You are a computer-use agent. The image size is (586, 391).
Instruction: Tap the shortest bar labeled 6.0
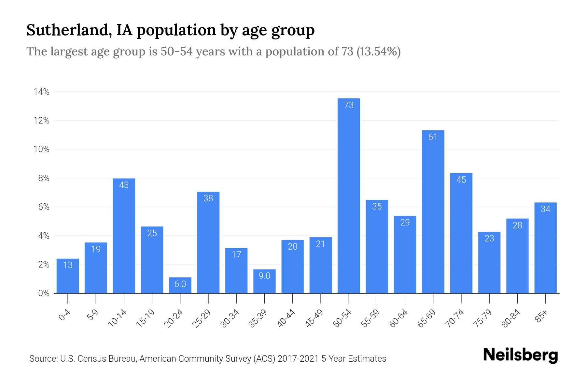[x=180, y=285]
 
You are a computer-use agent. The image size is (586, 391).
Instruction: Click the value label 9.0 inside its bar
[x=264, y=276]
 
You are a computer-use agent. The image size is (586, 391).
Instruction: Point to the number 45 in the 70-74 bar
[x=461, y=180]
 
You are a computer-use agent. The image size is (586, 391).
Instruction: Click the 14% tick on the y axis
[x=41, y=92]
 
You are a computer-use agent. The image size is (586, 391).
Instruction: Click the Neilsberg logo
[x=520, y=355]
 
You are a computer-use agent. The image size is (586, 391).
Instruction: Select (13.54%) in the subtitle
[x=379, y=51]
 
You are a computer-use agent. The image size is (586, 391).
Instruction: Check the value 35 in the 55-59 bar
[x=377, y=206]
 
